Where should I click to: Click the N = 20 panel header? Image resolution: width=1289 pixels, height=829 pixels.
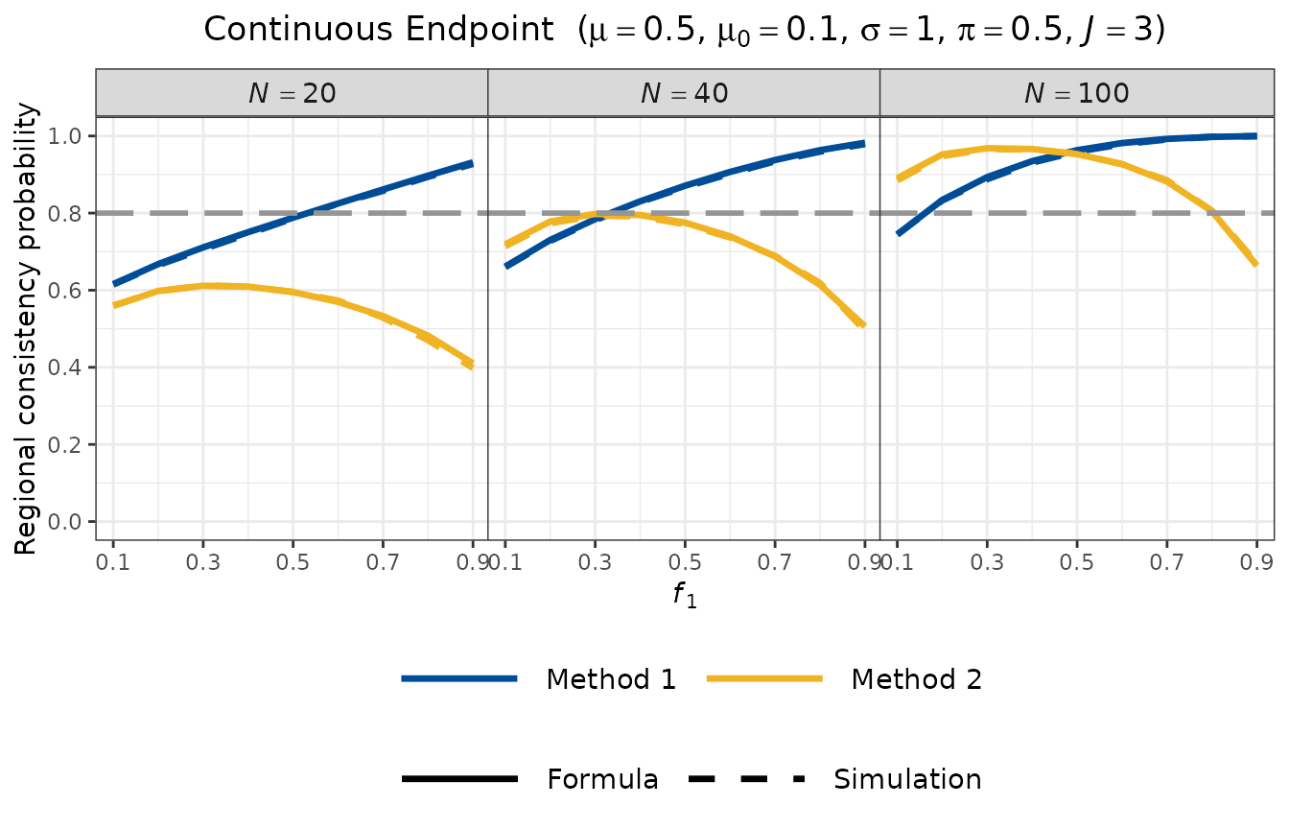tap(292, 93)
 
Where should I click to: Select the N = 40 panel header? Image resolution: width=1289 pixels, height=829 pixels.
tap(684, 93)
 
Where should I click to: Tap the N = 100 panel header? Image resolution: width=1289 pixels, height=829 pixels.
tap(1076, 93)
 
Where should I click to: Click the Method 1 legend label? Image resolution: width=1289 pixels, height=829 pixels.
tap(611, 679)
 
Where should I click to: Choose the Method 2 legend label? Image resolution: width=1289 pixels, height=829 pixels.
tap(916, 679)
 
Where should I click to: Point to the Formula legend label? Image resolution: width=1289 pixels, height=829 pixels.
tap(602, 779)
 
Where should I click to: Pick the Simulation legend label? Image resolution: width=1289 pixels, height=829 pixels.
tap(907, 779)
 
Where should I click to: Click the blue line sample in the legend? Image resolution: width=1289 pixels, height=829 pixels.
tap(460, 679)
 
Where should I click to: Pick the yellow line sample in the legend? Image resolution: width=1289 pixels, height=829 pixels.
tap(764, 679)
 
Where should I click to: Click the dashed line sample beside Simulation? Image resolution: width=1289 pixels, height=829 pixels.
tap(746, 779)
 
